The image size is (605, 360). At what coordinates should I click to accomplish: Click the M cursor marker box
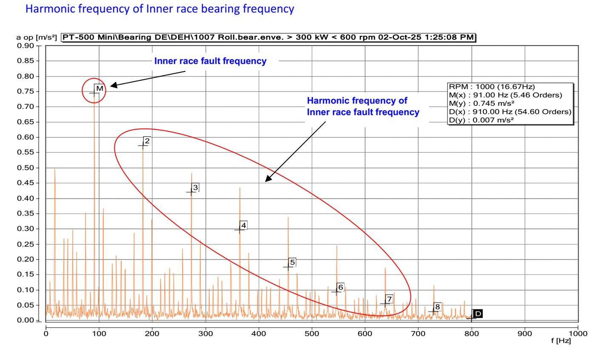click(100, 89)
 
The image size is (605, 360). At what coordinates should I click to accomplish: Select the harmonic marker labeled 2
click(147, 141)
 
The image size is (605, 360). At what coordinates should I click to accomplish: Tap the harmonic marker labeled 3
click(195, 187)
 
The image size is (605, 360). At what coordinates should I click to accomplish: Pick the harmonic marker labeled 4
click(243, 225)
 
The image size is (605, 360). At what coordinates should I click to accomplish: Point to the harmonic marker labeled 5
click(292, 262)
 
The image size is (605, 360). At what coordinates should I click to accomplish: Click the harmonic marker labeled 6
click(340, 287)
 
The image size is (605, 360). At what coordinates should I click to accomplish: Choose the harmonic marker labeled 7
click(388, 299)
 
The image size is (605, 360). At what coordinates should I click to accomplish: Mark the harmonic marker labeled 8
click(437, 306)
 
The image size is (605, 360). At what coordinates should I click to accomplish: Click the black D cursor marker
click(478, 314)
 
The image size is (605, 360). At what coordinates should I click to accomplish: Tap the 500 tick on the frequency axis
click(312, 334)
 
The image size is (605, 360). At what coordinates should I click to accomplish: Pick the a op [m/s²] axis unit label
click(37, 37)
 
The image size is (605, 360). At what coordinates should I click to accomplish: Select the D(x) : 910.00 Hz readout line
click(510, 112)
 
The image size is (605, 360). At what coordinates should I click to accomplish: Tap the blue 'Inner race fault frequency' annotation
click(210, 61)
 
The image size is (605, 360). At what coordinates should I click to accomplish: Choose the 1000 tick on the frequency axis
click(578, 334)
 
